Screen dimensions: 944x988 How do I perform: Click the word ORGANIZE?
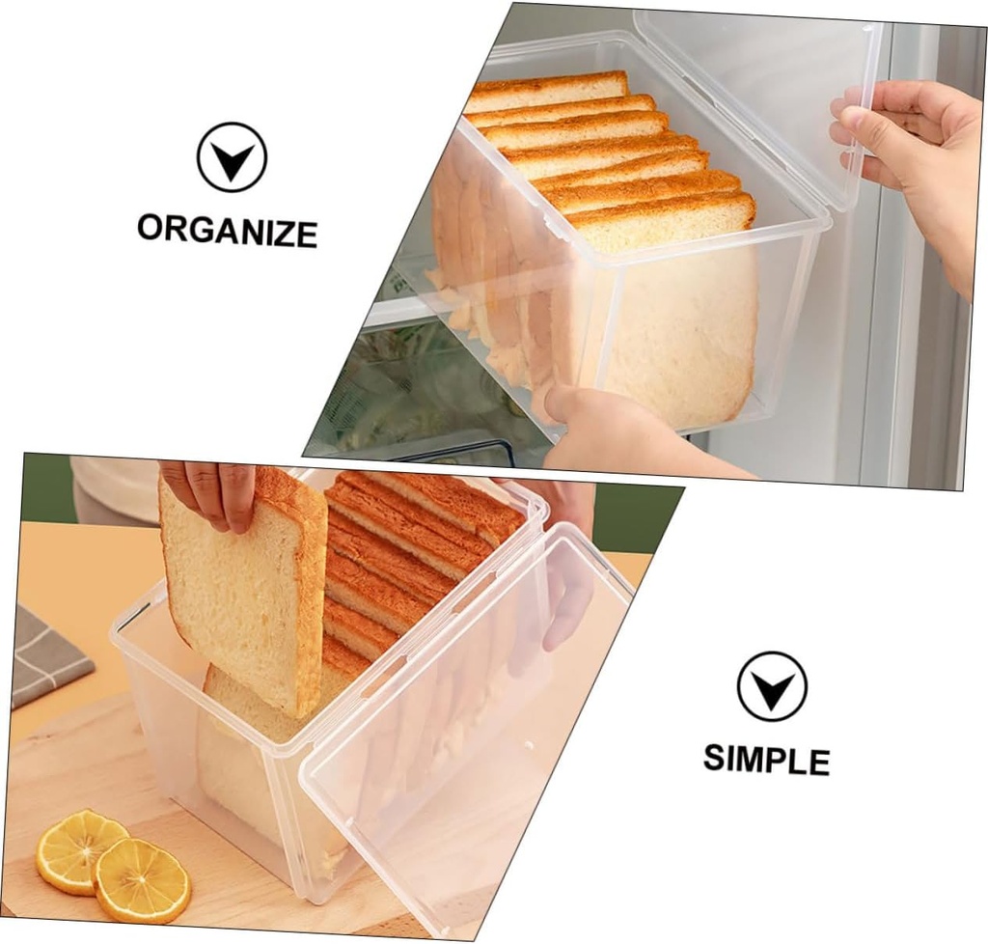tap(227, 231)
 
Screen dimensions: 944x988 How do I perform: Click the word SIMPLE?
tap(766, 759)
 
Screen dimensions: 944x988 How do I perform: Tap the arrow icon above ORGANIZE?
tap(232, 157)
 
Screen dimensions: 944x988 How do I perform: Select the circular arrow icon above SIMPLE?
tap(771, 685)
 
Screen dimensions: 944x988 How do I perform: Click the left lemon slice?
tap(79, 848)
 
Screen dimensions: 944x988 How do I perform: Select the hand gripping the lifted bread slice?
tap(212, 492)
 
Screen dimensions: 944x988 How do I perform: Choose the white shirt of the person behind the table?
tap(116, 487)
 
